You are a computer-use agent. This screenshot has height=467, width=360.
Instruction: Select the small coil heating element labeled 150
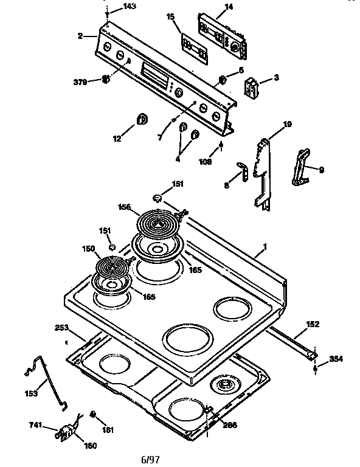tap(112, 267)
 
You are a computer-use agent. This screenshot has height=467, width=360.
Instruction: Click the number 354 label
tap(335, 359)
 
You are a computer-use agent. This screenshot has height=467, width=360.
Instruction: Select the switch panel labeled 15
tap(195, 46)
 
